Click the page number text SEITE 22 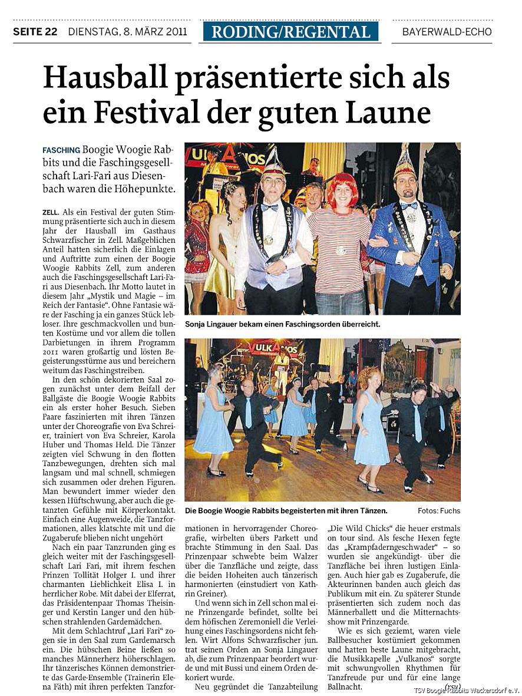(x=35, y=32)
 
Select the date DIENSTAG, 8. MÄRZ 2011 (x=127, y=32)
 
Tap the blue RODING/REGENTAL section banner (x=290, y=31)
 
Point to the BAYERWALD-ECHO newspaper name (x=447, y=32)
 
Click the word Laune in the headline (x=392, y=112)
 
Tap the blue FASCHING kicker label (x=61, y=150)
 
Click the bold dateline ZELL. (x=51, y=211)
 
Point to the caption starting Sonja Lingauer (x=282, y=324)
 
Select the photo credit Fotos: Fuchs (x=438, y=510)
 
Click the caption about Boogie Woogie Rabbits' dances (x=286, y=510)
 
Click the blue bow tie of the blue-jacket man (x=408, y=206)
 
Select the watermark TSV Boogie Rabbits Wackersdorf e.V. (x=465, y=690)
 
